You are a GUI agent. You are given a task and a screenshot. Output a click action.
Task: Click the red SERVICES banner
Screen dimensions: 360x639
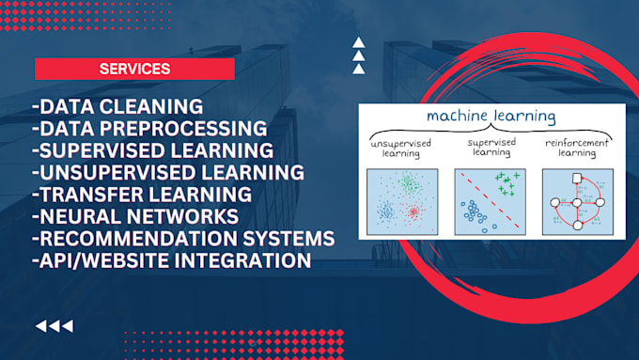pyautogui.click(x=134, y=69)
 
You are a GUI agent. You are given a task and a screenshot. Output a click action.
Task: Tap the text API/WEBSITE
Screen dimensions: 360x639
pyautogui.click(x=98, y=260)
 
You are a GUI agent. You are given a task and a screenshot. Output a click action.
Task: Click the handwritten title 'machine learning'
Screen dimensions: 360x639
pyautogui.click(x=491, y=117)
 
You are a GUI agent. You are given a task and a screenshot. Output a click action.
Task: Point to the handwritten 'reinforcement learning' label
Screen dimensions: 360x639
pyautogui.click(x=577, y=148)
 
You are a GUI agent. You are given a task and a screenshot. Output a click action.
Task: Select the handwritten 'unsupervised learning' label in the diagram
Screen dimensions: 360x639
pyautogui.click(x=401, y=148)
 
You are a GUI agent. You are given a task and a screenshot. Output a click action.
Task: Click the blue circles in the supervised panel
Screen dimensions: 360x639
pyautogui.click(x=475, y=217)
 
